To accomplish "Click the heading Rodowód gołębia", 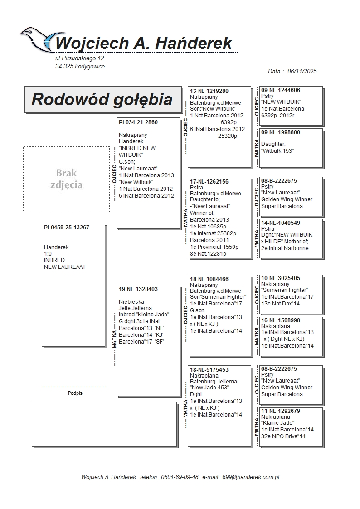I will (102, 99).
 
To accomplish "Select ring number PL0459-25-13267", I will (67, 228).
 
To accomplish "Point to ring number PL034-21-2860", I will (138, 122).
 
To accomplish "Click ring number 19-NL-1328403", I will (138, 289).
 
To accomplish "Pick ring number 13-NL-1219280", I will (209, 91).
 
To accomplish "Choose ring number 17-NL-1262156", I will (209, 181).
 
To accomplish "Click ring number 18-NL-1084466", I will (209, 279).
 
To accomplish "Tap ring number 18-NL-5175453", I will (209, 369).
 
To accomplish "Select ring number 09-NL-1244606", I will (281, 90).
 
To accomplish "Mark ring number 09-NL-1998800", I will (281, 132).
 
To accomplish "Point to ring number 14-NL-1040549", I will (281, 223).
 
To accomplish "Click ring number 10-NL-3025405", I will (281, 278).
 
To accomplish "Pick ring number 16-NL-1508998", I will (281, 320).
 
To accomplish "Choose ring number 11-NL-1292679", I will (281, 411).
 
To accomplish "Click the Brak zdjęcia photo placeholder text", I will (66, 179).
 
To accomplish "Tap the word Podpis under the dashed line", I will (75, 393).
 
